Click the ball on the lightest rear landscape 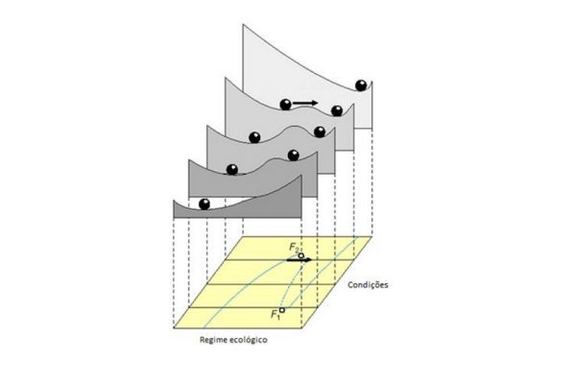coord(361,85)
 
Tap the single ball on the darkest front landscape coord(204,204)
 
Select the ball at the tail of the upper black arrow coord(285,105)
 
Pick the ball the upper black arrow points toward coord(337,110)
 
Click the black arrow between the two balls coord(305,103)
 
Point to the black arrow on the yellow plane coord(299,260)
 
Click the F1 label coord(276,315)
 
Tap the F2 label coord(294,248)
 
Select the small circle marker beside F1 coord(282,310)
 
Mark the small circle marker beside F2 coord(301,255)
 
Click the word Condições coord(368,285)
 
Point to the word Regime coord(213,340)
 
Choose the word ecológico coord(249,340)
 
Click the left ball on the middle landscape coord(254,137)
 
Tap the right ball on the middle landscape coord(320,132)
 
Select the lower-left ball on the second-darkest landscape coord(232,169)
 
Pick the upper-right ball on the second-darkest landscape coord(293,156)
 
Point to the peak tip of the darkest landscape coord(301,176)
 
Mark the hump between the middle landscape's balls coord(294,127)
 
